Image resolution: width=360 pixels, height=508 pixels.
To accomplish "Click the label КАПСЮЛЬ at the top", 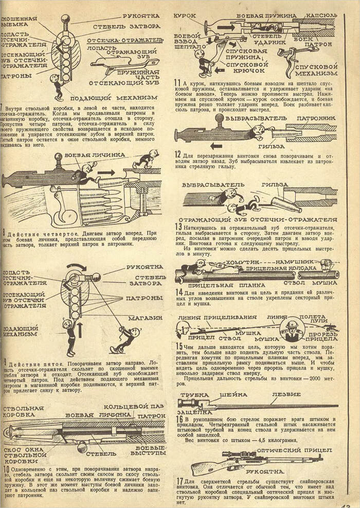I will click(x=321, y=16).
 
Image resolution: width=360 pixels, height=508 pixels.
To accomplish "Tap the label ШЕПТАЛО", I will click(x=187, y=45).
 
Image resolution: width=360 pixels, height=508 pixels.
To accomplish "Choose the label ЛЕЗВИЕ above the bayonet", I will click(x=286, y=395).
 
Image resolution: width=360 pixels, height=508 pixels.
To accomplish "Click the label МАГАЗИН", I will click(x=145, y=318).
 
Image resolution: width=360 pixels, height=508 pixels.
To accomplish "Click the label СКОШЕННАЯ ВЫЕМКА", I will click(x=19, y=21).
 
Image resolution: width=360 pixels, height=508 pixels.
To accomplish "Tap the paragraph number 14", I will click(x=178, y=293).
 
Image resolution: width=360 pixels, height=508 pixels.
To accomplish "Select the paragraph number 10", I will click(x=6, y=469).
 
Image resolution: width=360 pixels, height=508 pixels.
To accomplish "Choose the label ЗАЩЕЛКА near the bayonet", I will click(x=194, y=412).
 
